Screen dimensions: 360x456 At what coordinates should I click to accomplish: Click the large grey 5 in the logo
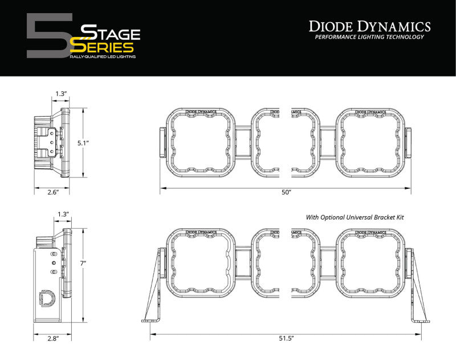pos(48,35)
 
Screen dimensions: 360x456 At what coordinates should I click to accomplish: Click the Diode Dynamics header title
pos(370,26)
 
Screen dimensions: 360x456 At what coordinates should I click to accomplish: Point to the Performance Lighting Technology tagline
pos(370,37)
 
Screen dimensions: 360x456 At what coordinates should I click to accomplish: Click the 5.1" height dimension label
pos(84,143)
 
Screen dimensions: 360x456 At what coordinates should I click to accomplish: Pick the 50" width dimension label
pos(286,193)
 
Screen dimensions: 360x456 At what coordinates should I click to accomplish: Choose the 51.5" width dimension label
pos(286,338)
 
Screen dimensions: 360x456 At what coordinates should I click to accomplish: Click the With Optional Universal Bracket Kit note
pos(350,217)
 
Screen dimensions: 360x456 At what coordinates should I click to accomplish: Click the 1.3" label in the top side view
pos(62,94)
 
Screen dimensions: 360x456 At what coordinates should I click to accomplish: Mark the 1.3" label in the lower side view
pos(63,214)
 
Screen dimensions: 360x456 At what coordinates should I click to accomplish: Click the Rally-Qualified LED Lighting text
pos(103,58)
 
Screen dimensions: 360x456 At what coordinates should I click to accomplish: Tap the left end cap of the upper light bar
pos(162,143)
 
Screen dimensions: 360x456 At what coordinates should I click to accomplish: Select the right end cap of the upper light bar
pos(409,143)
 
